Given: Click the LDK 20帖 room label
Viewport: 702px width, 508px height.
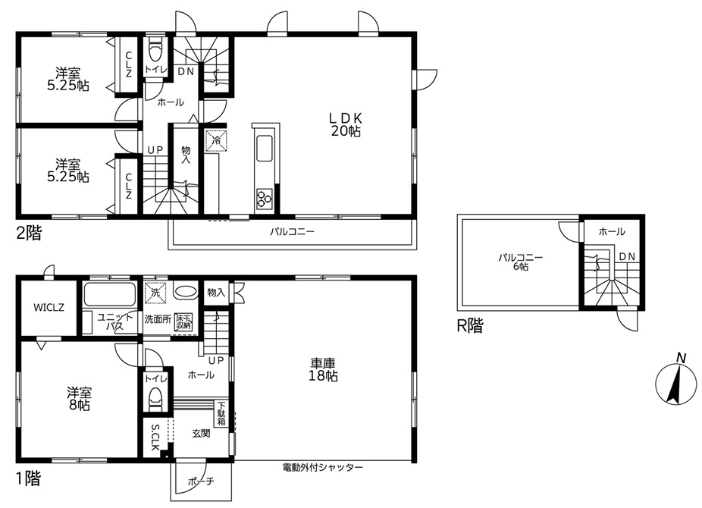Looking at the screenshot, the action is (x=346, y=124).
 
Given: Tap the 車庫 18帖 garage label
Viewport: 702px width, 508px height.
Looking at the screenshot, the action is (x=323, y=369).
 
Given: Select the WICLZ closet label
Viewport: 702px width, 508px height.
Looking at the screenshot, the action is (x=49, y=308).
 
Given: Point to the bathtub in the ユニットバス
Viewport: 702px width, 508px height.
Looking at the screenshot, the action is (x=110, y=294).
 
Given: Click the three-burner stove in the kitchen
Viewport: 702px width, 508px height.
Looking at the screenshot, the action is (x=264, y=199).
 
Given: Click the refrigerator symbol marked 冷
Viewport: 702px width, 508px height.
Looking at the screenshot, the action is (x=216, y=140).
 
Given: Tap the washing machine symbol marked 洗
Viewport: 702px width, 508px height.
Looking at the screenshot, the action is (x=155, y=293).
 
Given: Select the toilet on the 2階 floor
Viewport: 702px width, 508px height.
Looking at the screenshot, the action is (x=155, y=50).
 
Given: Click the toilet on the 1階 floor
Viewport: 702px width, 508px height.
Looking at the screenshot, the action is (x=155, y=398).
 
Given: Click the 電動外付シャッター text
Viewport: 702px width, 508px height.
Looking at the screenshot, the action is (x=322, y=468).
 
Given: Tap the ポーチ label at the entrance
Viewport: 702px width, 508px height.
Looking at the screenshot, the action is (x=201, y=481).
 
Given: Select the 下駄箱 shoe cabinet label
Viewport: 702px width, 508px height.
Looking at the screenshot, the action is (x=221, y=413).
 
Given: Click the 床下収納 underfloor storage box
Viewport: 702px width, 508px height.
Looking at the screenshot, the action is (x=183, y=321).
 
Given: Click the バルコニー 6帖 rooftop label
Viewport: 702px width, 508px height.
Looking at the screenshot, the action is (x=521, y=262).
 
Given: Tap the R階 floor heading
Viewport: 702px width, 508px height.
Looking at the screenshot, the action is (x=469, y=326).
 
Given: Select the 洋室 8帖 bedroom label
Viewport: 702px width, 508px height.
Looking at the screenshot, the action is (x=80, y=399).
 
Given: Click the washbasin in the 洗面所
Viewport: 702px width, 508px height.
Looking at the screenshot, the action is (x=185, y=291).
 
